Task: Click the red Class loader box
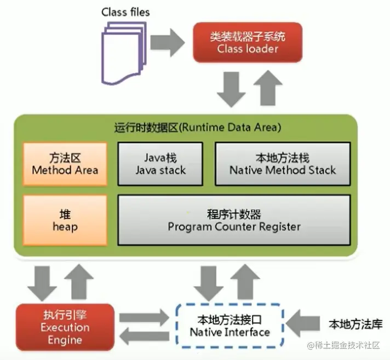(240, 43)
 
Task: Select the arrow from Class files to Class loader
(167, 42)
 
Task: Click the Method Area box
(65, 164)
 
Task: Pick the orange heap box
(65, 219)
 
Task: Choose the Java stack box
(160, 164)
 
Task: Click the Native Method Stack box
(282, 164)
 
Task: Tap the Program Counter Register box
(234, 219)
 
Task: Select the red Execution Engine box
(65, 327)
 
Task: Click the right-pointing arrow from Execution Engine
(144, 317)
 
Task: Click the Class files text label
(125, 11)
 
